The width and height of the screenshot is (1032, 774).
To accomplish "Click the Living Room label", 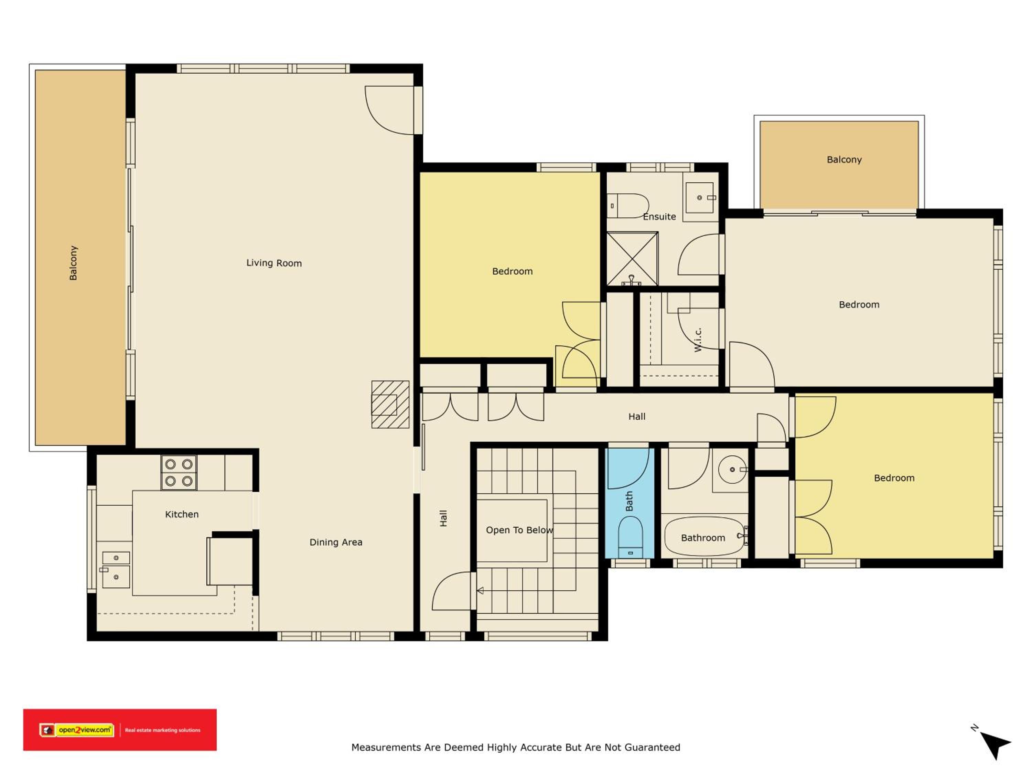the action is [274, 263].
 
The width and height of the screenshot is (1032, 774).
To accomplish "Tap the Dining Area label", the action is [336, 542].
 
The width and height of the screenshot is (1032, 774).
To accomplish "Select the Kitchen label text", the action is [182, 514].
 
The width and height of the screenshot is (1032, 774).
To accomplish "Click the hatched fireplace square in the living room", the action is [390, 405].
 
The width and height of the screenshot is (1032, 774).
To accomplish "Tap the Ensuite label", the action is [659, 216].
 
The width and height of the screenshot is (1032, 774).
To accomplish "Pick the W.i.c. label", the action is [698, 340].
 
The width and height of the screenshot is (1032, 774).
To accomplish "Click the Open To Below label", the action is [519, 530].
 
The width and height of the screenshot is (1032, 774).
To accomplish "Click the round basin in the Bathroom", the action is [732, 469].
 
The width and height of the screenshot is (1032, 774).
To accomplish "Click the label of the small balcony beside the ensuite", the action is [844, 160].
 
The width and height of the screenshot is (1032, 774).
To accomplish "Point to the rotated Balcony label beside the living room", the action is [73, 263].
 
